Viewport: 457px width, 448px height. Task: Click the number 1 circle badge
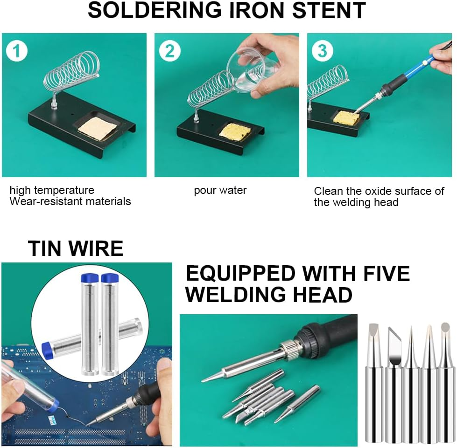pos(17,51)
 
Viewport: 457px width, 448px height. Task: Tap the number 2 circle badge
pos(169,51)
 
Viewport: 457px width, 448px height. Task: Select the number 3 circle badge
pos(322,51)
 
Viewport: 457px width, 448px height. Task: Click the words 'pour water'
pos(220,190)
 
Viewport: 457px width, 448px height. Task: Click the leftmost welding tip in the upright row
pos(374,382)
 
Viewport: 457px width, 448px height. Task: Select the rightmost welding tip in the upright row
pos(446,382)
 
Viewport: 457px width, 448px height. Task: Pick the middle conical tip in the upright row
pos(410,382)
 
